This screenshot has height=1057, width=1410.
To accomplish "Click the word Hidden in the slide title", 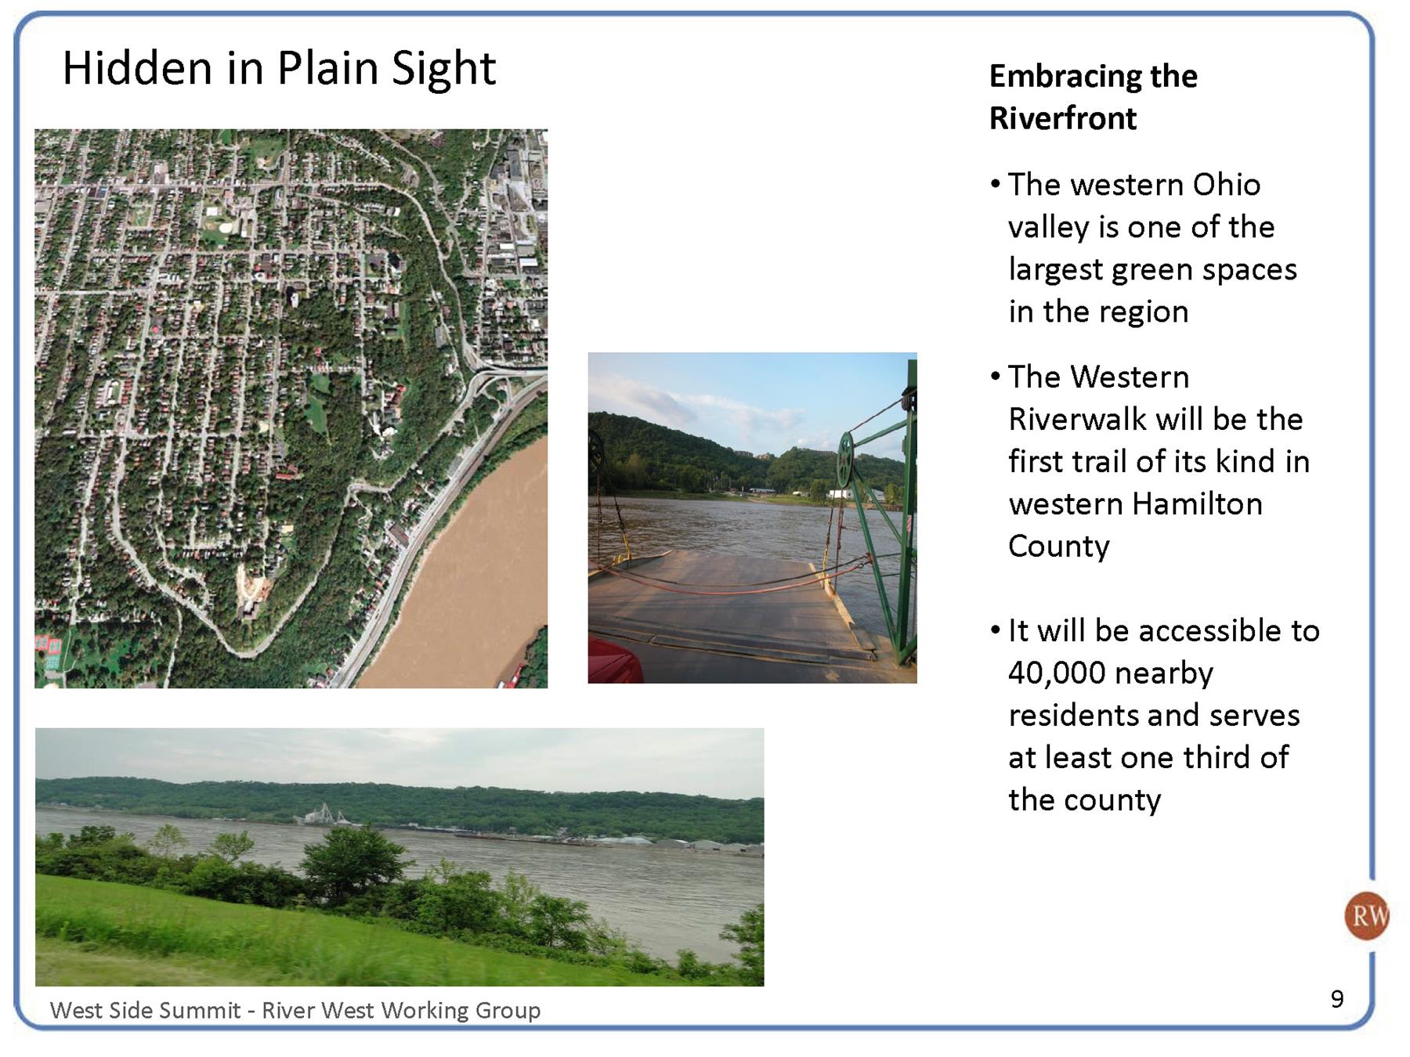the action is (x=137, y=67).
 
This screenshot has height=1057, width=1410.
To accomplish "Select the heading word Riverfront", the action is (x=1062, y=118).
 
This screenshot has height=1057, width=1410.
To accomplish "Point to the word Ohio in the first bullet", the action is (x=1226, y=185).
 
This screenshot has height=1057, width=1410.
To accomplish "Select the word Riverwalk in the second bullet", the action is (x=1077, y=420).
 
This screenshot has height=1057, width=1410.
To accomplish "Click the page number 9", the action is (x=1337, y=998).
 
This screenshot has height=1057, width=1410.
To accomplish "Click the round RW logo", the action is (x=1366, y=915).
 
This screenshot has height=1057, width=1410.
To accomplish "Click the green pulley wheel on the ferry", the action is (x=845, y=460).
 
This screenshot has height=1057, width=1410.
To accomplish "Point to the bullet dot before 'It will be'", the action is (x=995, y=630).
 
